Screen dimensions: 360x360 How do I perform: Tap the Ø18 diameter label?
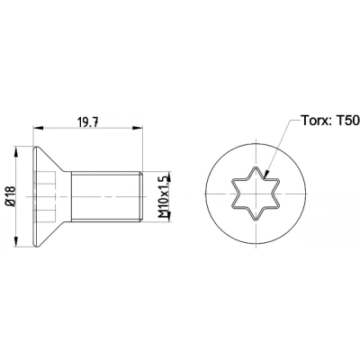[x=11, y=196]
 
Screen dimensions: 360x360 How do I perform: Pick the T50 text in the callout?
[x=348, y=121]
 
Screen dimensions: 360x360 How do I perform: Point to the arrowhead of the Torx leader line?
[x=266, y=174]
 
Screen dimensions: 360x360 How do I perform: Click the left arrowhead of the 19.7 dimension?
[x=38, y=128]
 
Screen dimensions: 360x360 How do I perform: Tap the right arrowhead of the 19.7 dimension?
[x=137, y=128]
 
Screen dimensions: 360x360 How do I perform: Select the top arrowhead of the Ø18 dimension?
[x=16, y=152]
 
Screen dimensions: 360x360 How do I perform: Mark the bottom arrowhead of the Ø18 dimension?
[x=16, y=241]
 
